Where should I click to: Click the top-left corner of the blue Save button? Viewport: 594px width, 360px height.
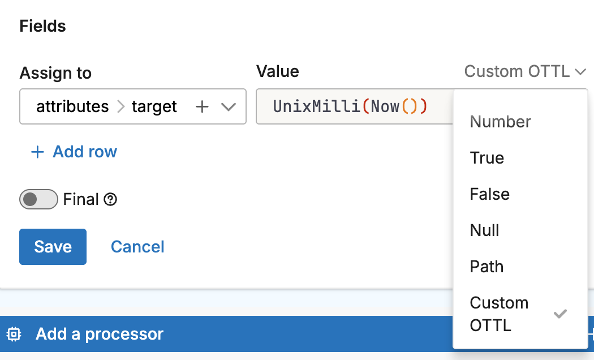pos(19,229)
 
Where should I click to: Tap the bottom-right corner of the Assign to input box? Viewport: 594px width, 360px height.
pos(246,124)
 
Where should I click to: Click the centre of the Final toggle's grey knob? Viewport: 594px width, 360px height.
pos(31,199)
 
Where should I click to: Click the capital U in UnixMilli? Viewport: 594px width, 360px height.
pos(278,106)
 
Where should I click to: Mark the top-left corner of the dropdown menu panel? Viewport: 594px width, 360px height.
pos(453,89)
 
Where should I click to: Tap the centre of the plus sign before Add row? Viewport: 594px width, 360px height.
pos(37,152)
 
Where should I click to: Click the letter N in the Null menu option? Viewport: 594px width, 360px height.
pos(475,230)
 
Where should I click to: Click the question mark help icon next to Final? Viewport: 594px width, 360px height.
pos(110,199)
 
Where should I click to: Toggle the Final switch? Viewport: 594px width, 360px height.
pos(38,199)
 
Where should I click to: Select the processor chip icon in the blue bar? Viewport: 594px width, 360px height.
pos(14,334)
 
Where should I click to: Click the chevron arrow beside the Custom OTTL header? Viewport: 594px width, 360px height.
pos(580,72)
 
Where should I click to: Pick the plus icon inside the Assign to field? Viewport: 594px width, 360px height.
pos(202,107)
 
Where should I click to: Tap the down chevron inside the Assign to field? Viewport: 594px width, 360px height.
pos(229,107)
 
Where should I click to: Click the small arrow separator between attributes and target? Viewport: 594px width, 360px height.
pos(120,107)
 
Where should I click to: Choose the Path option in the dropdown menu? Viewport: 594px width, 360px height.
pos(487,267)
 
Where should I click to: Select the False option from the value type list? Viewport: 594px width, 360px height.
pos(489,194)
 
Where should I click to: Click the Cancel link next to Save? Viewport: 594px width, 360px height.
pos(137,247)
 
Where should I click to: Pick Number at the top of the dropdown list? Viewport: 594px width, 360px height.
pos(501,122)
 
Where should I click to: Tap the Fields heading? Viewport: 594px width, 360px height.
pos(43,26)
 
